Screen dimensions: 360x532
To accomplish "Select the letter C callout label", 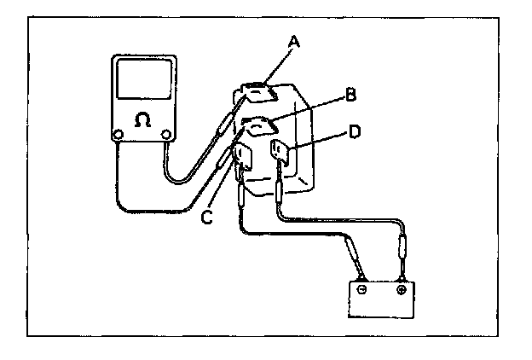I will click(205, 218).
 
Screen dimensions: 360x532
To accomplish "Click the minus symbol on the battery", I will click(362, 289).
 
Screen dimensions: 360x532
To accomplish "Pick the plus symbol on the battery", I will click(401, 289).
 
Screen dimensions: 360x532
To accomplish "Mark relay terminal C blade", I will click(241, 159).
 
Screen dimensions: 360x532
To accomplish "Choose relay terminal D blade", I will click(280, 154).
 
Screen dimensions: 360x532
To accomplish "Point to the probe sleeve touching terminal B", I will click(223, 159).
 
